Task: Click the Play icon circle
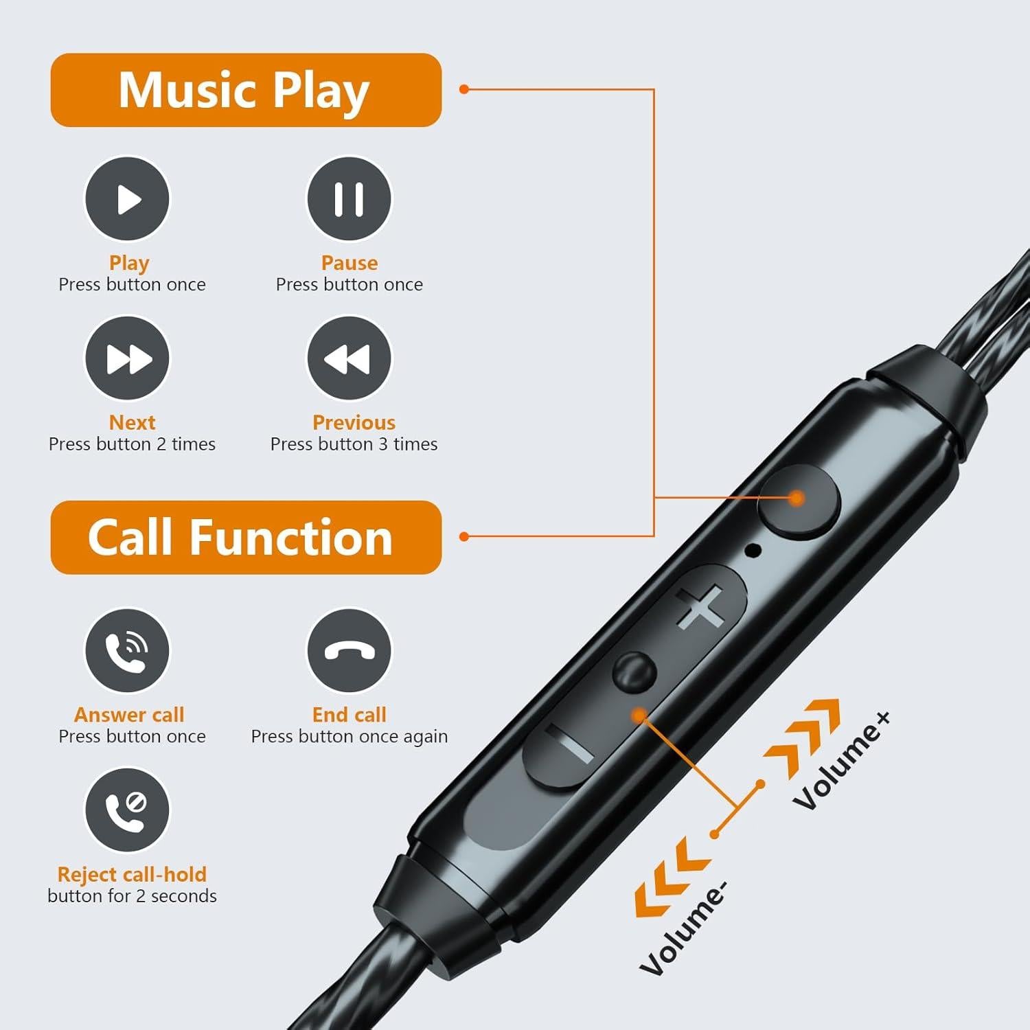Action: (x=127, y=199)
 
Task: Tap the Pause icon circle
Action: (x=349, y=199)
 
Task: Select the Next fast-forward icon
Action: (x=127, y=358)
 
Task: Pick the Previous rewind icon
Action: (x=349, y=358)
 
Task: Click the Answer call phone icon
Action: (x=127, y=650)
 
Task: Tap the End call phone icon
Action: (x=349, y=650)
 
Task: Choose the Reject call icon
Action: (x=127, y=810)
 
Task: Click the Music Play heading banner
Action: (x=245, y=90)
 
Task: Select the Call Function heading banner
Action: (x=245, y=537)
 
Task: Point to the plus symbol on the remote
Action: (x=700, y=606)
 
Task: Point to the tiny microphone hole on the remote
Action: (x=753, y=549)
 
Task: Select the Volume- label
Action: (x=683, y=927)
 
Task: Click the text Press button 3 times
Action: (x=354, y=444)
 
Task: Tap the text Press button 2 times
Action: (x=132, y=444)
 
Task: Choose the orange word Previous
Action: (x=354, y=422)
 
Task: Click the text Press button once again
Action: (x=349, y=737)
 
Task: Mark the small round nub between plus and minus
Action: (x=633, y=672)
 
